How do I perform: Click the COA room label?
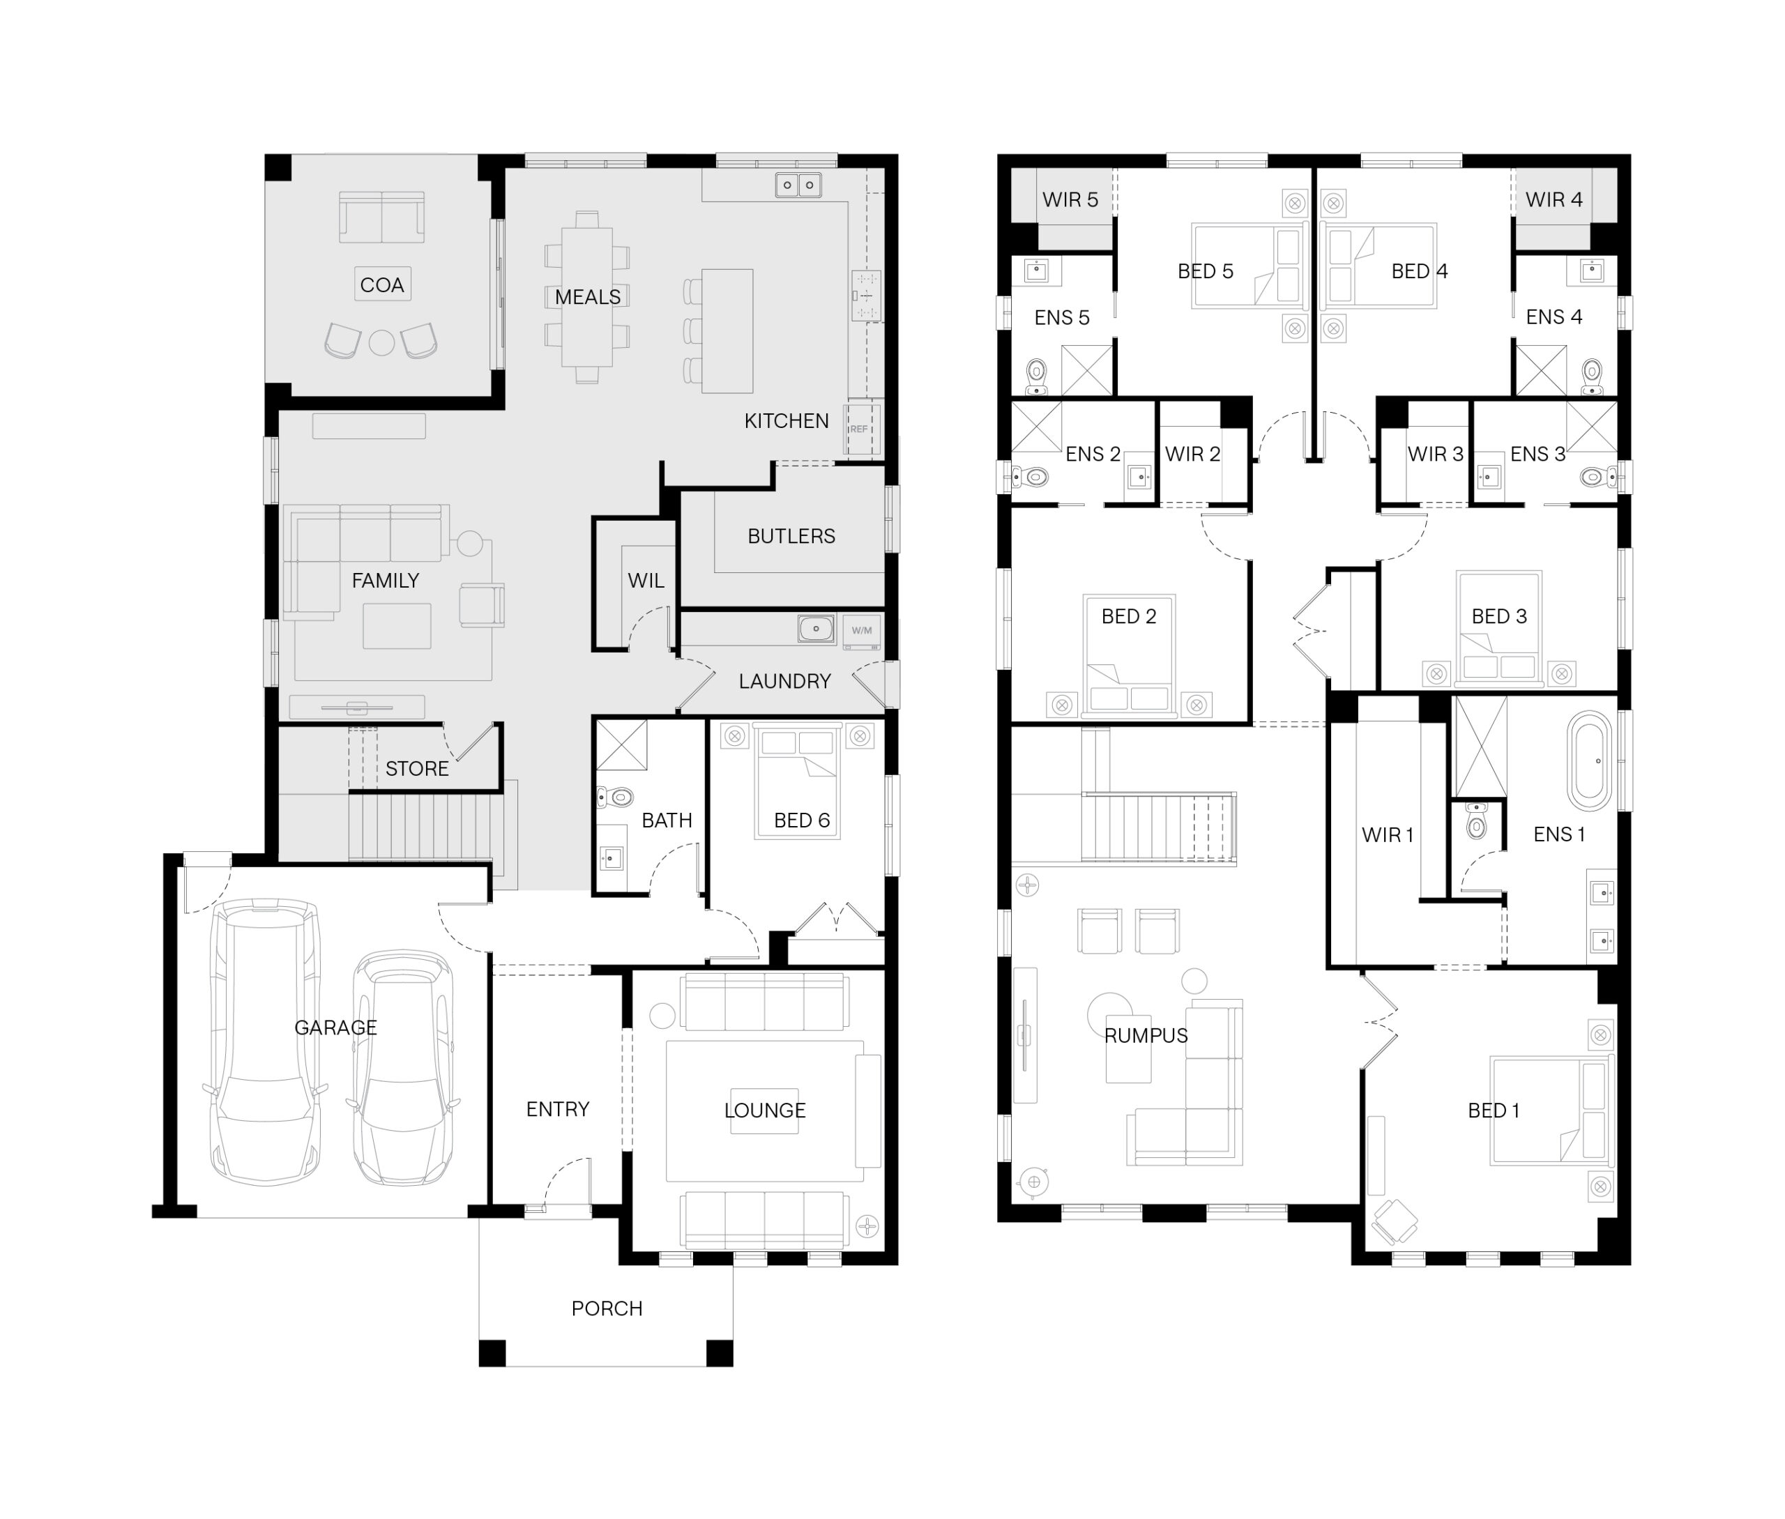381,285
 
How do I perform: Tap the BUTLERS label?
791,537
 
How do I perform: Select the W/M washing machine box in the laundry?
861,630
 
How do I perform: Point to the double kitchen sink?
798,185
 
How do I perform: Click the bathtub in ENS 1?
1588,761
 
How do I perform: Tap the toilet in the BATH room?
616,798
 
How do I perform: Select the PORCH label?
607,1309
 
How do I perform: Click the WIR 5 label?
1070,200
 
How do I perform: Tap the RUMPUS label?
1146,1036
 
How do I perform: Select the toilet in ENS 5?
1037,377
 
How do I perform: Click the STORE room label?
417,769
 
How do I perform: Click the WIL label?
646,581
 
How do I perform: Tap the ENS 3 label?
1538,455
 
